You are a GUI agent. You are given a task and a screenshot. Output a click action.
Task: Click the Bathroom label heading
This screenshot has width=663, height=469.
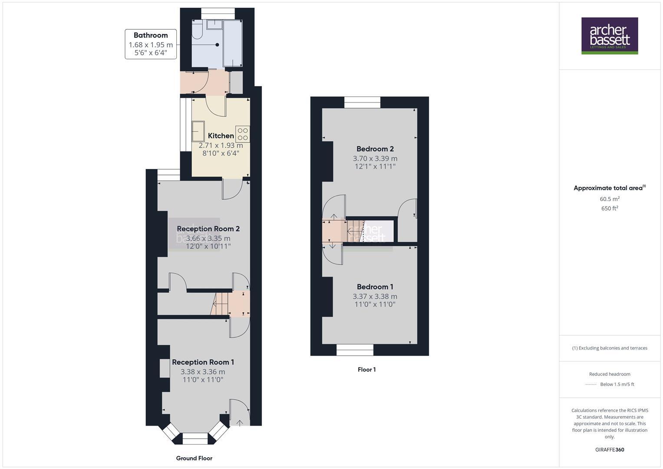150,35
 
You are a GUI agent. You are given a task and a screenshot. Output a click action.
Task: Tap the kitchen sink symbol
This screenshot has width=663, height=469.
198,131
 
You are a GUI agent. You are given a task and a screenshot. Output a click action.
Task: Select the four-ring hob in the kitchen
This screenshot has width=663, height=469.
243,134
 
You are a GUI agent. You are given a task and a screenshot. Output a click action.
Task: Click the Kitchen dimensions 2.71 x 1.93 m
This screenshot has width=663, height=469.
221,145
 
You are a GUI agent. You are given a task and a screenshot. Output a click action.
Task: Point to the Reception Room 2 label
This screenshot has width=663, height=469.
208,229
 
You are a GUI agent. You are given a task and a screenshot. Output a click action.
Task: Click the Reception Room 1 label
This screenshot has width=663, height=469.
203,362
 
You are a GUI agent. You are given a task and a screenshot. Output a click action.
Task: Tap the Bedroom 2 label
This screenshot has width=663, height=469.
375,149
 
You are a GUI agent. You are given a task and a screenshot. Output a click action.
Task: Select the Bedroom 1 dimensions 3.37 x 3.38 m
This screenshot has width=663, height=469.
375,297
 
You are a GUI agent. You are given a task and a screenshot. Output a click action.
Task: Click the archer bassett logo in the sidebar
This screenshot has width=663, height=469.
609,36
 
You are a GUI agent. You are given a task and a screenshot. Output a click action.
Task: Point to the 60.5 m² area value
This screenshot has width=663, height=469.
609,199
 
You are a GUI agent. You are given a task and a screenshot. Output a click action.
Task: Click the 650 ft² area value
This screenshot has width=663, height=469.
609,208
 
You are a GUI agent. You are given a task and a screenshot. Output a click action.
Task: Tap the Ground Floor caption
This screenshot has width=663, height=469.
194,458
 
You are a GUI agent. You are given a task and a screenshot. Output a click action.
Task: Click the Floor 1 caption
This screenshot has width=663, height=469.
366,370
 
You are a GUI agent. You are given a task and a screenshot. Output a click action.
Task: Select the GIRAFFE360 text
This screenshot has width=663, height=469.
609,449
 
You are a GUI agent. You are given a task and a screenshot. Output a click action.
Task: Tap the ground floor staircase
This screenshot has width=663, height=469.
221,303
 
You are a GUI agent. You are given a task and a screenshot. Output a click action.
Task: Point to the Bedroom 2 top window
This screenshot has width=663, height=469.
362,102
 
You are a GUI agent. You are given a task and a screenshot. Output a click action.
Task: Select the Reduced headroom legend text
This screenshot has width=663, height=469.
609,374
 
